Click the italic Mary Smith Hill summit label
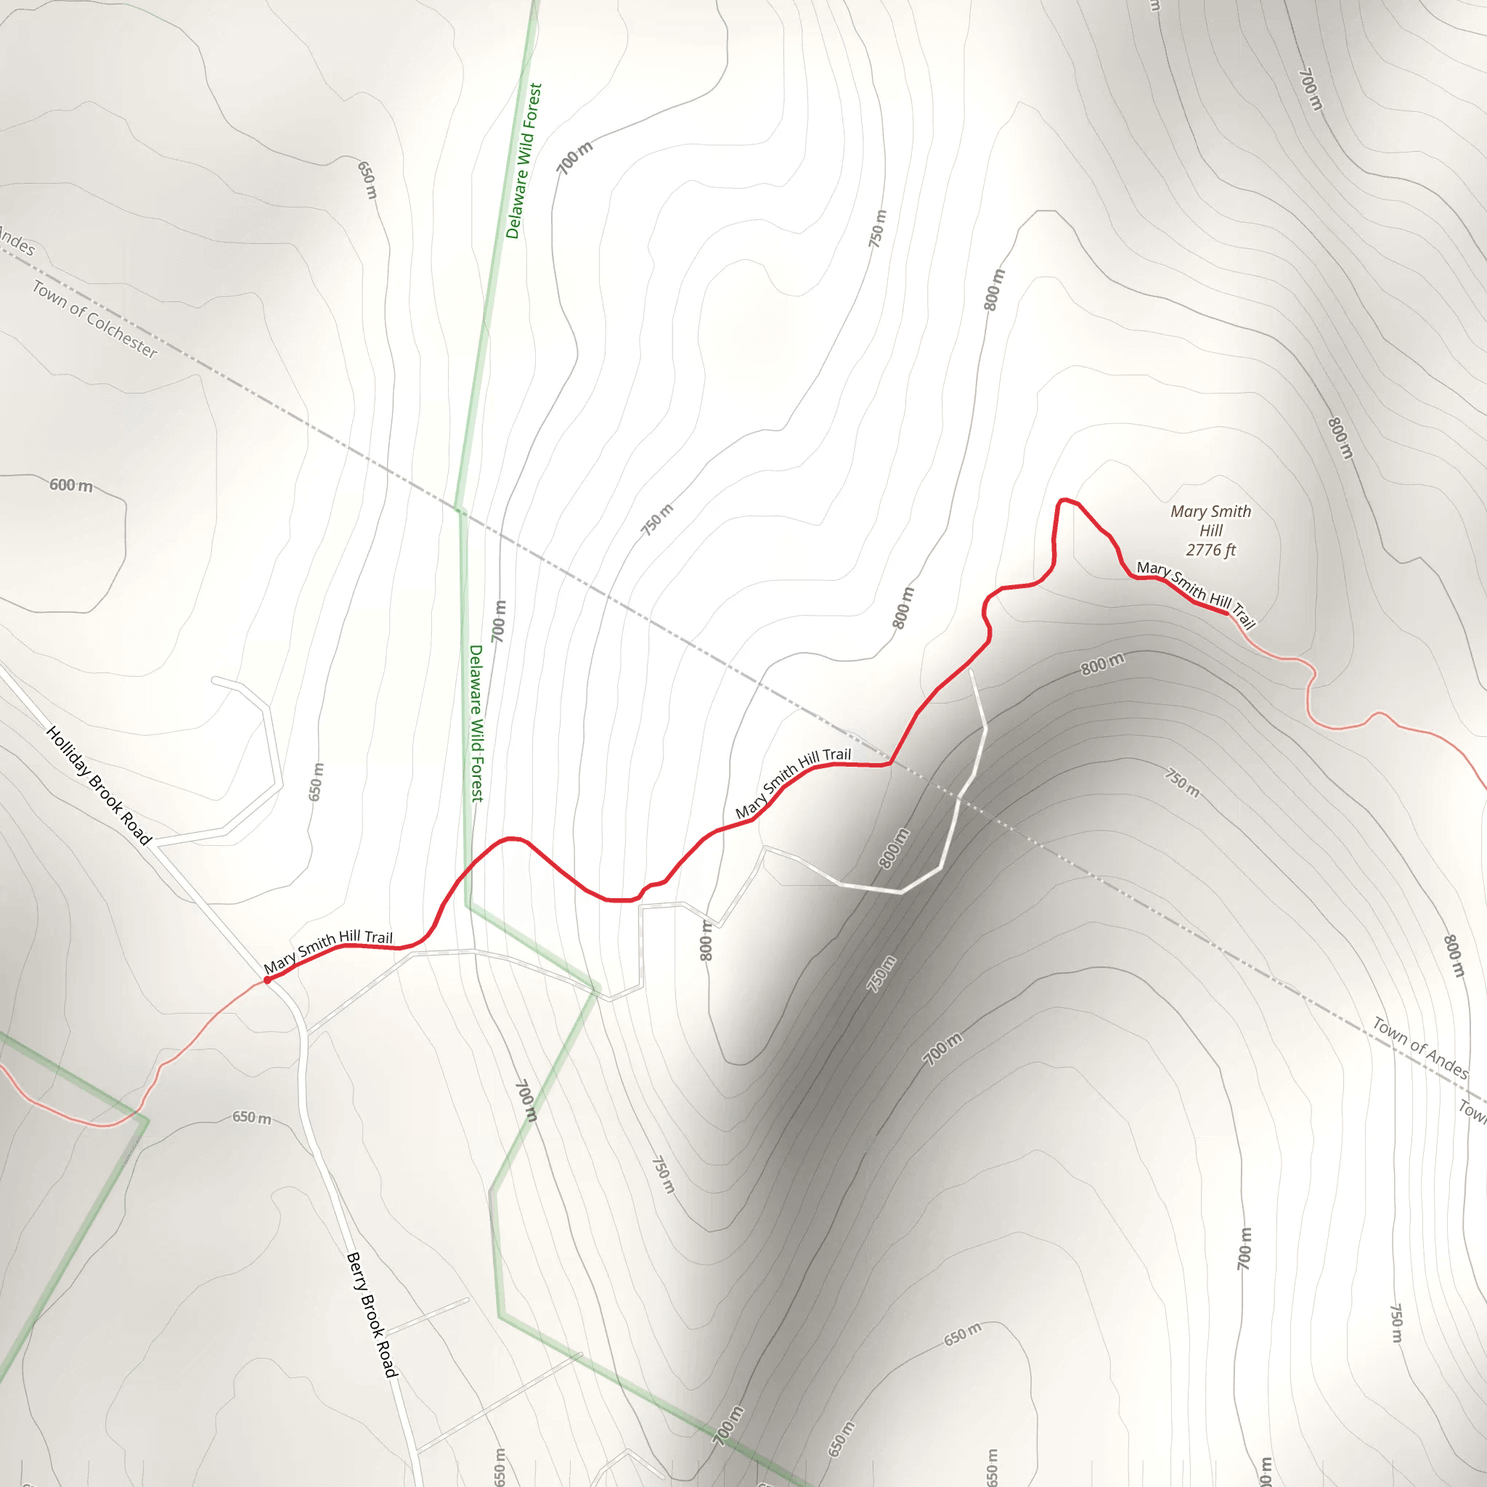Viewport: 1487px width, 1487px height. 1210,521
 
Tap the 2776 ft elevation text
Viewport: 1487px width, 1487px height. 1210,550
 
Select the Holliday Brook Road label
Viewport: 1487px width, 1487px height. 99,785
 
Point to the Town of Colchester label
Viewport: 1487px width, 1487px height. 94,319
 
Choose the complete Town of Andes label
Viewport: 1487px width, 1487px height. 1421,1048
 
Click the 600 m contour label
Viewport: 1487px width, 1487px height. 71,485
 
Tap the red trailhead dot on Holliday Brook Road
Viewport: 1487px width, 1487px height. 267,979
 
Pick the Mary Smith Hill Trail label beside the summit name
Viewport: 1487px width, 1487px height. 1196,593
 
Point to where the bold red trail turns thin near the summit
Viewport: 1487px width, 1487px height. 1229,614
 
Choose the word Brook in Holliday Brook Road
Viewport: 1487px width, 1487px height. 106,794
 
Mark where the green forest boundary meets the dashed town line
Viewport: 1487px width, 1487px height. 459,509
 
